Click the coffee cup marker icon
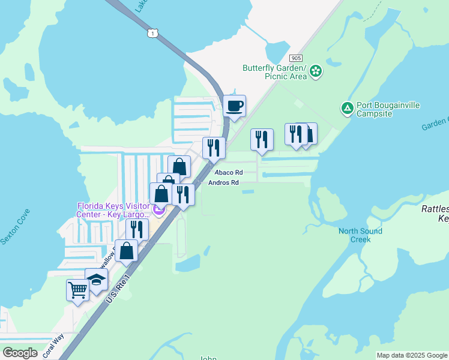tap(235, 106)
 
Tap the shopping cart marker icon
tap(77, 290)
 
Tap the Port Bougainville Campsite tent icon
tap(347, 109)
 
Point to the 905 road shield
tap(295, 58)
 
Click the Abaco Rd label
tap(221, 173)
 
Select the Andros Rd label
tap(223, 182)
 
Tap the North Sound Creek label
tap(360, 235)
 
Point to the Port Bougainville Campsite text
tap(388, 109)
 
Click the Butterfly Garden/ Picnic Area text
tap(275, 72)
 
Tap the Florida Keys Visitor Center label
tap(113, 211)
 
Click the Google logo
tap(20, 353)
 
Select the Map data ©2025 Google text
tap(411, 355)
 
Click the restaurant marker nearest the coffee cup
tap(214, 148)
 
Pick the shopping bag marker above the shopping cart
tap(127, 250)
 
